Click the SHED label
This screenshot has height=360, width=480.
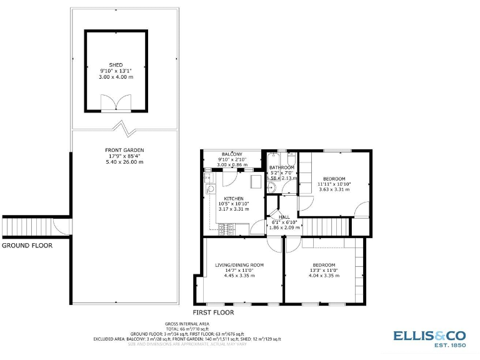click(x=116, y=65)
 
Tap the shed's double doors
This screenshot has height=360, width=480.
click(x=116, y=103)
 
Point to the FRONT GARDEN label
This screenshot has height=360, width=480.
click(x=124, y=151)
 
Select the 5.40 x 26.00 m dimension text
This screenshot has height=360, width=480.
click(x=124, y=162)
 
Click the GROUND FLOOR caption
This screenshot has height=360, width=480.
click(x=27, y=246)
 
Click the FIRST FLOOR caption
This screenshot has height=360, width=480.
click(x=213, y=312)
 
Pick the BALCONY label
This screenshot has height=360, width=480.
click(x=232, y=154)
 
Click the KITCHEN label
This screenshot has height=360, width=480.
click(x=234, y=199)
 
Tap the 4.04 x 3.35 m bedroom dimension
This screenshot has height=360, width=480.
click(x=324, y=275)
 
